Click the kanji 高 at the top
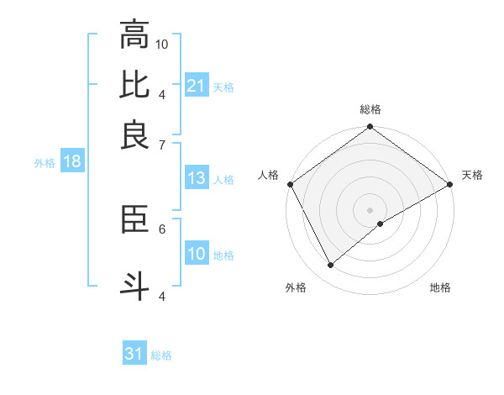click(x=134, y=34)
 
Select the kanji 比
click(x=134, y=84)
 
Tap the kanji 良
click(x=134, y=134)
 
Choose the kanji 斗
click(x=134, y=284)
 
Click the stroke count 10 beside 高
click(x=163, y=43)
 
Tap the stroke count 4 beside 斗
click(x=162, y=295)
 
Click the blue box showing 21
click(x=196, y=86)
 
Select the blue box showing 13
click(x=196, y=178)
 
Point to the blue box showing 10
click(x=196, y=254)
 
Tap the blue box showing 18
click(x=72, y=161)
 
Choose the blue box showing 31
click(x=134, y=354)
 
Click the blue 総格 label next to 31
click(x=161, y=355)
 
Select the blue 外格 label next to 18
click(x=45, y=163)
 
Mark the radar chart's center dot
click(x=370, y=209)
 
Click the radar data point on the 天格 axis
click(x=449, y=183)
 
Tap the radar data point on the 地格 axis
click(x=381, y=224)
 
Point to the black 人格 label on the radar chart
click(x=269, y=175)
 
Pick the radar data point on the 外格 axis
click(x=330, y=265)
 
